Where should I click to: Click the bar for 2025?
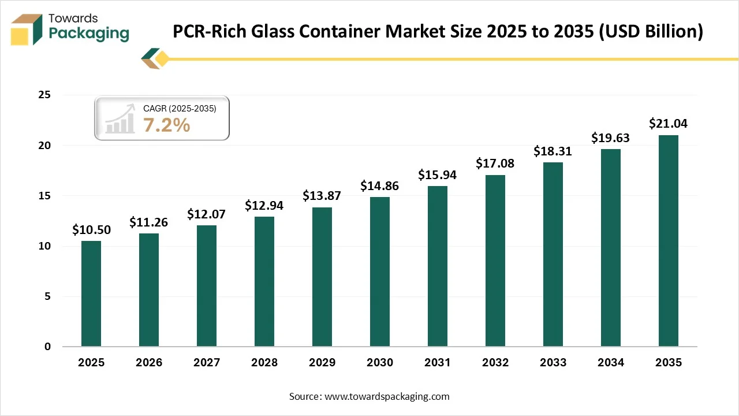click(x=91, y=294)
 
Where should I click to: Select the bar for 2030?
click(x=380, y=272)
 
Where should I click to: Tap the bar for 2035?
click(x=669, y=240)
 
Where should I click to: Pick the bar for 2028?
click(x=264, y=281)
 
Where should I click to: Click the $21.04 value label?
click(x=668, y=123)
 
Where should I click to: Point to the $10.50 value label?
click(x=91, y=229)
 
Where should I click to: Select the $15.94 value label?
click(x=438, y=174)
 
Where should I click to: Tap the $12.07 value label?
click(x=207, y=214)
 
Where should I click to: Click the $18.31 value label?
click(x=553, y=151)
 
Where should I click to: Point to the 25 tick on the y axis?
click(x=44, y=95)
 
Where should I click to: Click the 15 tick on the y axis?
click(x=44, y=196)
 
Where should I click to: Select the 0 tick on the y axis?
click(x=47, y=347)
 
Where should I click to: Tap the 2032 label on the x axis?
click(x=495, y=363)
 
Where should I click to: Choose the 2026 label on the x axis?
click(x=149, y=363)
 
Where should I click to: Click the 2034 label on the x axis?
click(x=611, y=363)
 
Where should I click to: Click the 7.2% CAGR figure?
click(x=166, y=124)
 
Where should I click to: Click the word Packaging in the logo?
click(x=89, y=34)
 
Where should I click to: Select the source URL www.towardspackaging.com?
click(x=387, y=396)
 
